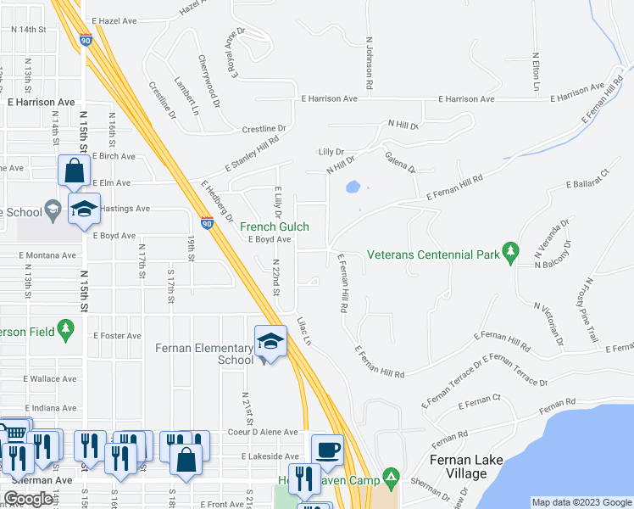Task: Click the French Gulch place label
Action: pos(274,227)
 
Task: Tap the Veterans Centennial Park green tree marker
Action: pos(509,251)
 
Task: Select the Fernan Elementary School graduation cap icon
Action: pos(270,341)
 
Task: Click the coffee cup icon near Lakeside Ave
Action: pos(327,449)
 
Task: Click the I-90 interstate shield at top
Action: pos(86,38)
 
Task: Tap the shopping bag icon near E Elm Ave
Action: pos(75,171)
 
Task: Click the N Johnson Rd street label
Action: pos(370,64)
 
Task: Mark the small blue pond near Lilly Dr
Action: pos(353,187)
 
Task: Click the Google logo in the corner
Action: pos(28,499)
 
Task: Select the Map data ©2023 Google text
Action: pos(581,502)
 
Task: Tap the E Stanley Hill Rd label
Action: pos(252,154)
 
